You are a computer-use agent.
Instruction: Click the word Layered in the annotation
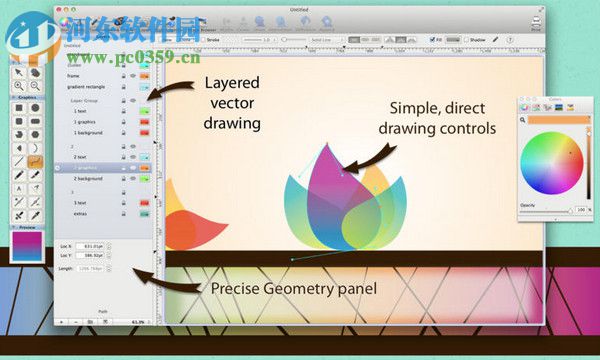[233, 82]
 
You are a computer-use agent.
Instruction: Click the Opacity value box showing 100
[577, 210]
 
